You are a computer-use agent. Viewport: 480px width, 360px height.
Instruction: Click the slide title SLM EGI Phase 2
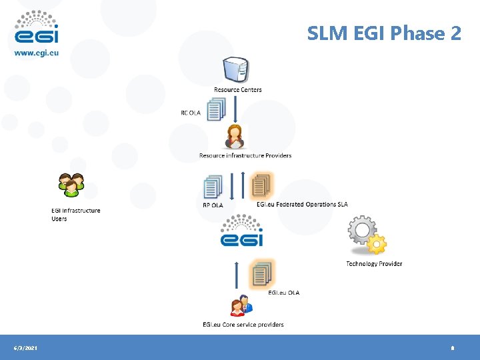tap(384, 33)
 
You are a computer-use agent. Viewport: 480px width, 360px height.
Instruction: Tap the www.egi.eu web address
tap(37, 53)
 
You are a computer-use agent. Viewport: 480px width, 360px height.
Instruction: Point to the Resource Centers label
tap(237, 90)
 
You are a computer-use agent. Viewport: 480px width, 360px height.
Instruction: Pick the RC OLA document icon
tap(215, 109)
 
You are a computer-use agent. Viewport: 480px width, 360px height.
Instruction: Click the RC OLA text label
tap(191, 113)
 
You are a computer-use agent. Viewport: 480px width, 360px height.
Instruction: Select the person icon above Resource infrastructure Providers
tap(235, 136)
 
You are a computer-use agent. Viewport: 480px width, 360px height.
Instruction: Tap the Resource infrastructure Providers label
tap(245, 156)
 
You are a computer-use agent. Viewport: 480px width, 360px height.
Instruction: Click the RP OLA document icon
tap(213, 187)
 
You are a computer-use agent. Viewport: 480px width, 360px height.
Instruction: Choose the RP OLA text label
tap(213, 205)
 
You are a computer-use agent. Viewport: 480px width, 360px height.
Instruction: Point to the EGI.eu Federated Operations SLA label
tap(302, 204)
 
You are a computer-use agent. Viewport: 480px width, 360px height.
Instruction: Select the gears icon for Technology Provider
tap(367, 235)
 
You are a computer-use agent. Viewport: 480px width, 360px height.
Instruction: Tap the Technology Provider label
tap(374, 264)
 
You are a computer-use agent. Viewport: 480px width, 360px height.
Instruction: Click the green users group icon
tap(71, 185)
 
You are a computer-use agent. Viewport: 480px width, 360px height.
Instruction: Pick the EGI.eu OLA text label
tap(283, 293)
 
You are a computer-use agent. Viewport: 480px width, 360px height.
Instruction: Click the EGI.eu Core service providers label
tap(243, 325)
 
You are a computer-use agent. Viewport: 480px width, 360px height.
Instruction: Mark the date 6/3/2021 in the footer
tap(26, 348)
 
